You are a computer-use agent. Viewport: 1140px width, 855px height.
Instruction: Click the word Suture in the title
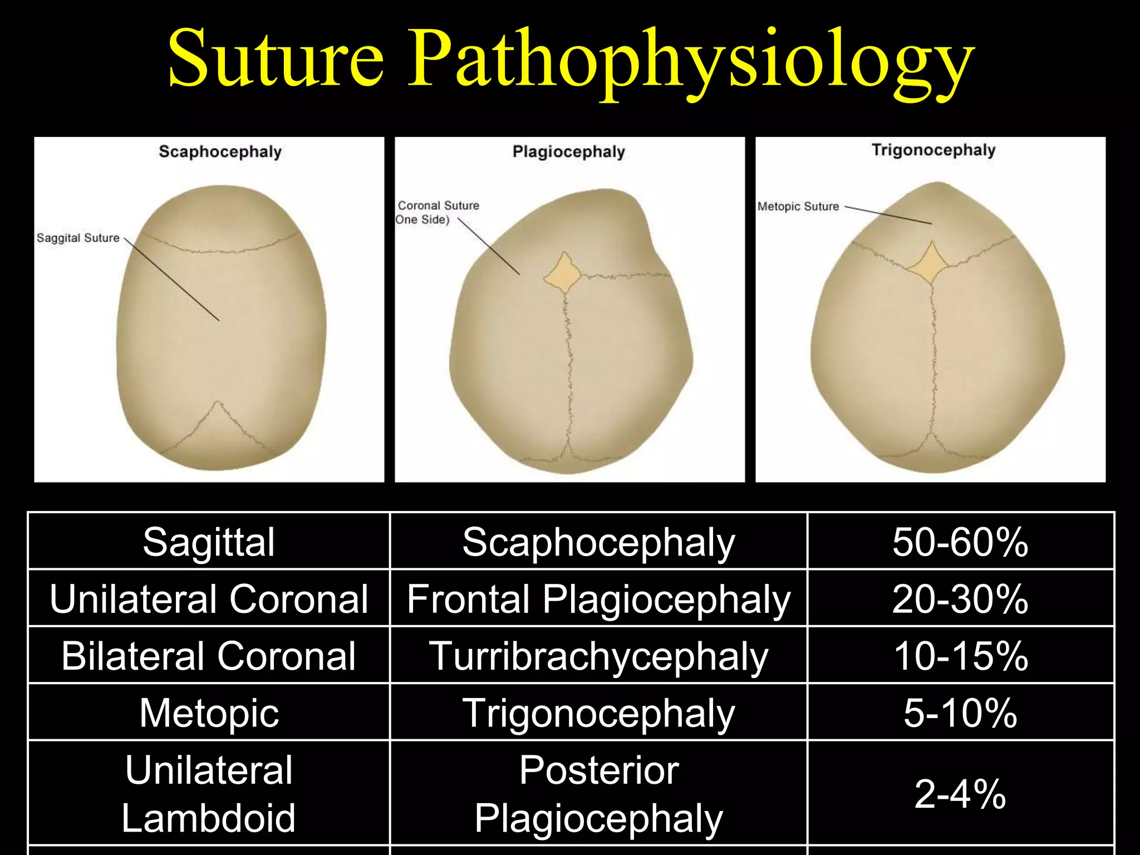tap(276, 58)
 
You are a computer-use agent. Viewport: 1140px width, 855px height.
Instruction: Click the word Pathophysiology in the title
tap(690, 61)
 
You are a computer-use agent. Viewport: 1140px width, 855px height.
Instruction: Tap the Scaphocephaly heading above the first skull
tap(220, 151)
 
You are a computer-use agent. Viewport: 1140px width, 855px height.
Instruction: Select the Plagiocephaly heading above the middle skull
tap(568, 151)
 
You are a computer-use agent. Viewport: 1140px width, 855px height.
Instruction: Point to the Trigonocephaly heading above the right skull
tap(933, 150)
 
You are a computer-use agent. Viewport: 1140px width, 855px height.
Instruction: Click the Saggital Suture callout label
tap(78, 238)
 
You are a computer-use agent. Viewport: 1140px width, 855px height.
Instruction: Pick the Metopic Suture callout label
tap(798, 207)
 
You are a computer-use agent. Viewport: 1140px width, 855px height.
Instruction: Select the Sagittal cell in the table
tap(209, 542)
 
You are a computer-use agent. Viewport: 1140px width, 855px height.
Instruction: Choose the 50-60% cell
tap(960, 542)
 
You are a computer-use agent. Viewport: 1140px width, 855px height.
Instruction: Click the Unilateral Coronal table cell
tap(209, 599)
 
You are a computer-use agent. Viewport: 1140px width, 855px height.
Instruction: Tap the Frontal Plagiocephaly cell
tap(598, 599)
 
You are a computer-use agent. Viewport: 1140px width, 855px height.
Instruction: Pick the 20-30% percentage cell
tap(960, 599)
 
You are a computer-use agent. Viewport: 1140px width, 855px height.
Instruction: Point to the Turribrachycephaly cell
tap(598, 656)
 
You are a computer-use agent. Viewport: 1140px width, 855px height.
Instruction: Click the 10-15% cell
tap(960, 656)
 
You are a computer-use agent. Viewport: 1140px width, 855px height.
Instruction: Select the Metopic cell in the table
tap(209, 712)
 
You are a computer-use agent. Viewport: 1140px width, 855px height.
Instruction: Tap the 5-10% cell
tap(960, 712)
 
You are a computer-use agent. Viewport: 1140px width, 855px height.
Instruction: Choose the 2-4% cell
tap(960, 794)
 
